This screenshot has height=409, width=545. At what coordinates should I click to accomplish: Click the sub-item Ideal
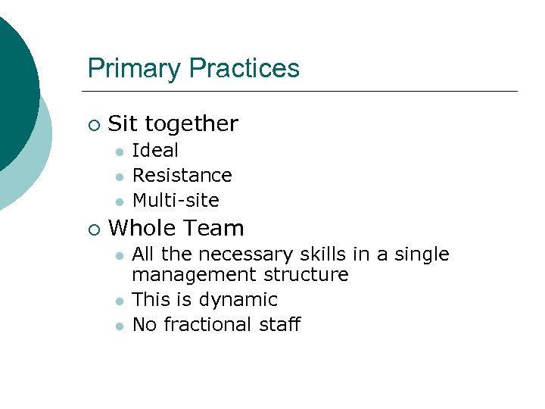[x=155, y=150]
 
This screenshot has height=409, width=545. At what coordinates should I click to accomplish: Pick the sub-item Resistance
[x=182, y=175]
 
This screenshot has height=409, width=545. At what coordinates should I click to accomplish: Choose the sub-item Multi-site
[x=176, y=200]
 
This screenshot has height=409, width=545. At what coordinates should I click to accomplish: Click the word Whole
[x=143, y=228]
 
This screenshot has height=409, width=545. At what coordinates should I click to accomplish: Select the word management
[x=195, y=274]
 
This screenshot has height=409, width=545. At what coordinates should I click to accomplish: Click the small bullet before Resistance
[x=119, y=176]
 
